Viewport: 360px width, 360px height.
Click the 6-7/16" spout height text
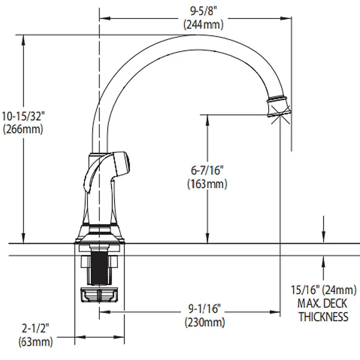click(x=207, y=170)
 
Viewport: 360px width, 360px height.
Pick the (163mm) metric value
click(x=207, y=184)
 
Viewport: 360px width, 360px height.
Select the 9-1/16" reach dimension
click(x=204, y=309)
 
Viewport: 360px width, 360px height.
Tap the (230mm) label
click(x=204, y=323)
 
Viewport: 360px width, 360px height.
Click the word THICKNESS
click(x=323, y=317)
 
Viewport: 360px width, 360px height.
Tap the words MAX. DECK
click(x=323, y=303)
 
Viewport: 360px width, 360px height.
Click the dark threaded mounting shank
click(x=99, y=268)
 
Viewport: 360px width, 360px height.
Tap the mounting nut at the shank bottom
click(x=99, y=295)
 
